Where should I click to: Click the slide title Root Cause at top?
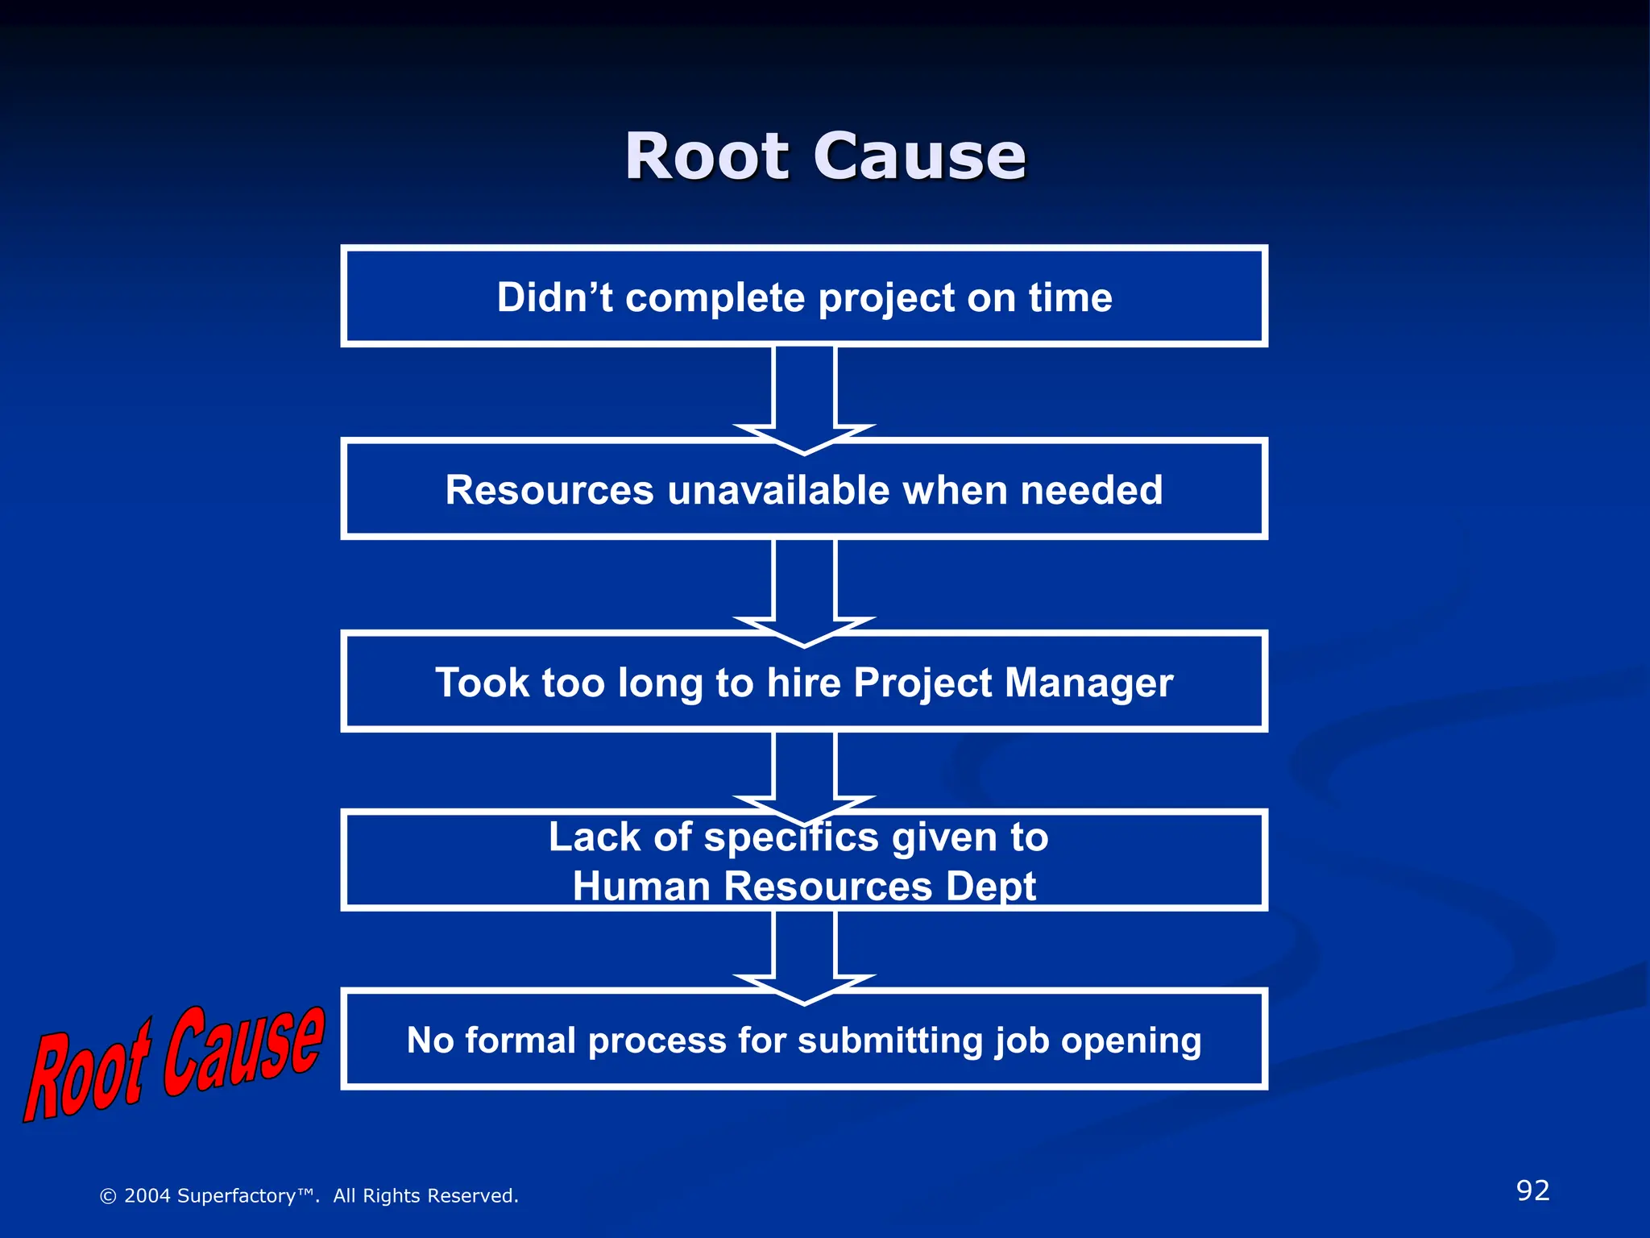(x=825, y=156)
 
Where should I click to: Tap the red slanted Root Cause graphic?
(x=173, y=1064)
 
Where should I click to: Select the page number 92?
(x=1532, y=1190)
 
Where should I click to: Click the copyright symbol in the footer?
(x=108, y=1196)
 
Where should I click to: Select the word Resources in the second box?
(x=549, y=490)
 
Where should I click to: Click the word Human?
(x=641, y=887)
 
